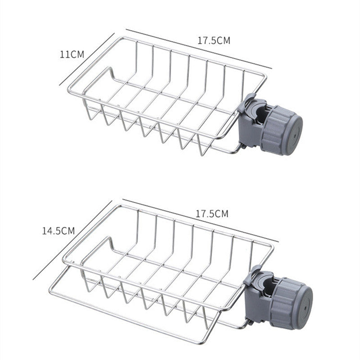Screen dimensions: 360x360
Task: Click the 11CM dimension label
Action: [72, 54]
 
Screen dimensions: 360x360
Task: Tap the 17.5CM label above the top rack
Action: [214, 40]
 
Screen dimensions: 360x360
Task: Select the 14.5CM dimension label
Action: [58, 231]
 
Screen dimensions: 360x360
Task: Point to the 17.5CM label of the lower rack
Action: [211, 214]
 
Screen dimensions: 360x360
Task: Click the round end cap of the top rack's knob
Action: [294, 134]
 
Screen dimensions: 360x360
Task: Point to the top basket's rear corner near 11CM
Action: [118, 38]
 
